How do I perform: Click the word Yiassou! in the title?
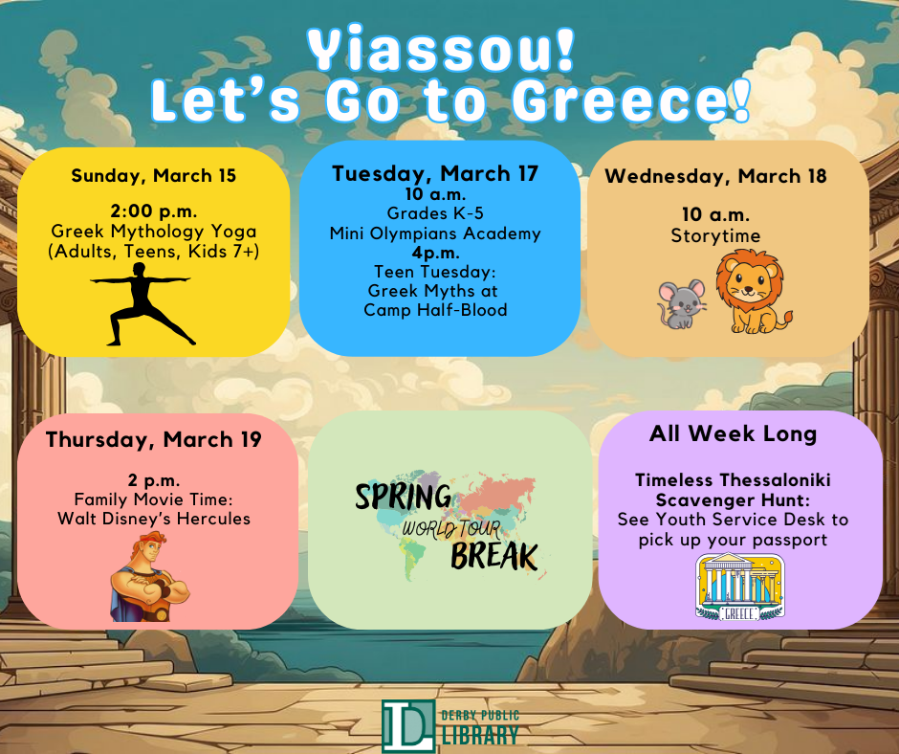(x=443, y=50)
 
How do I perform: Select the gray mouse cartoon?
(x=682, y=303)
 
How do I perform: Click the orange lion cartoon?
(x=752, y=292)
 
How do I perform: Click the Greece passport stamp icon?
(x=738, y=587)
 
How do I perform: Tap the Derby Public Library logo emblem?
(x=406, y=726)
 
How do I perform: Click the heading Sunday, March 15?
(x=153, y=176)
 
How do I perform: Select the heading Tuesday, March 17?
(x=435, y=174)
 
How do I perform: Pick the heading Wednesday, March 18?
(x=715, y=176)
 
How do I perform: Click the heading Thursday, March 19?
(x=153, y=440)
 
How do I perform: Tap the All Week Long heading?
(x=733, y=433)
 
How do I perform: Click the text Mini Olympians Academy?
(x=435, y=233)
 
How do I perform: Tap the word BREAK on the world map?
(x=494, y=555)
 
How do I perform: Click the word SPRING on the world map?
(x=403, y=498)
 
